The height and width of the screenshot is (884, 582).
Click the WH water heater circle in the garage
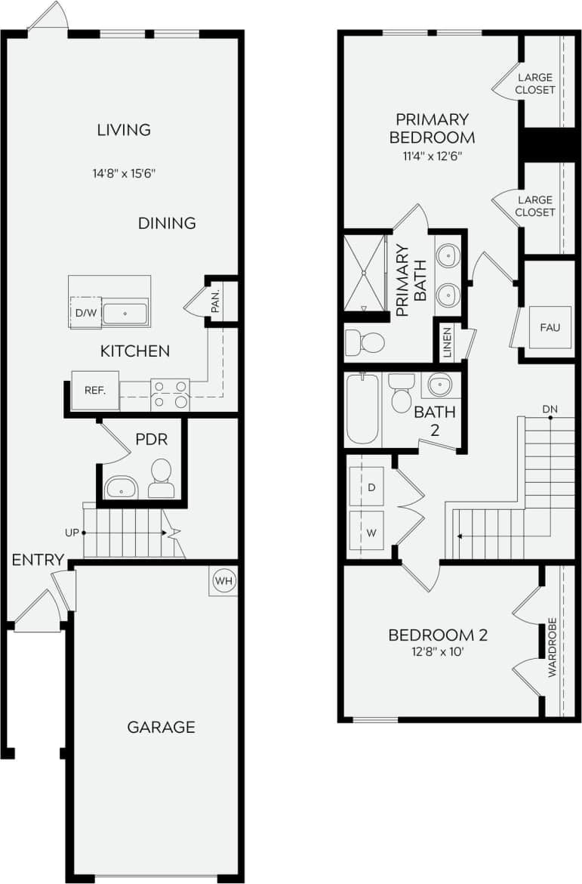pyautogui.click(x=223, y=581)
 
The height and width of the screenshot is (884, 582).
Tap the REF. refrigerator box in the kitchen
pyautogui.click(x=95, y=391)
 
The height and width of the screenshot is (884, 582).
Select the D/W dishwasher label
pyautogui.click(x=84, y=314)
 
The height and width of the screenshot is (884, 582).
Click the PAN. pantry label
pyautogui.click(x=216, y=303)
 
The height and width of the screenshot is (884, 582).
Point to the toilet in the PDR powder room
pyautogui.click(x=161, y=478)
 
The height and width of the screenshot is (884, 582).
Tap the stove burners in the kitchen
pyautogui.click(x=170, y=394)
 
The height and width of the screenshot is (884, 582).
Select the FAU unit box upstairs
pyautogui.click(x=550, y=327)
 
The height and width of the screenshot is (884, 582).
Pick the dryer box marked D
pyautogui.click(x=371, y=488)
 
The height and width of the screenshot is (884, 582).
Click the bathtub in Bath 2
pyautogui.click(x=362, y=408)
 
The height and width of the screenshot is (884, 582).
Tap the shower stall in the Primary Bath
pyautogui.click(x=365, y=273)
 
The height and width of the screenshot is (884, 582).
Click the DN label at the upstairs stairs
pyautogui.click(x=550, y=409)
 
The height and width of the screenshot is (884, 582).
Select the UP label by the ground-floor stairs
pyautogui.click(x=72, y=532)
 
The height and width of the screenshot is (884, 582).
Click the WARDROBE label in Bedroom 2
pyautogui.click(x=552, y=648)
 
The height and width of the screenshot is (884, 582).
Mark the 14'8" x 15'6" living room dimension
pyautogui.click(x=124, y=173)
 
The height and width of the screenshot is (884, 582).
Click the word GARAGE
pyautogui.click(x=161, y=727)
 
